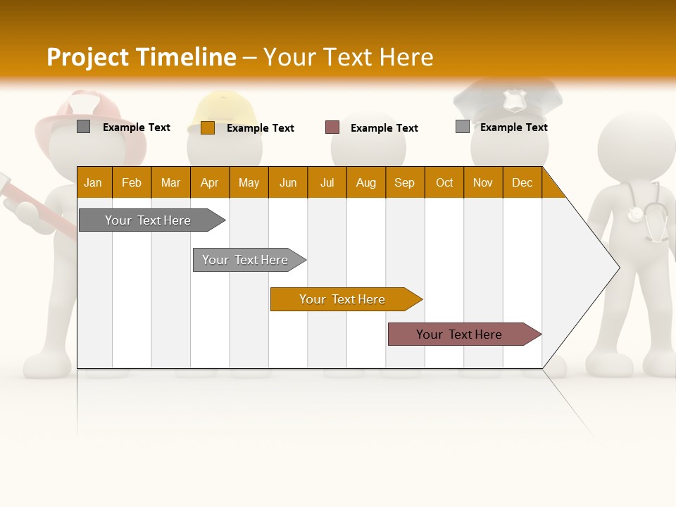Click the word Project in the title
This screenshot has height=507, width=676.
[88, 57]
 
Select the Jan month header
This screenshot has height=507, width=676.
[93, 182]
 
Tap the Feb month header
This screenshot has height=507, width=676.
[132, 182]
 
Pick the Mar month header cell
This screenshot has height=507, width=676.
[170, 182]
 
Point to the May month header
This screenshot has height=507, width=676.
[249, 182]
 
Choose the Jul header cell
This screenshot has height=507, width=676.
[327, 182]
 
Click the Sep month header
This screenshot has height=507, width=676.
[404, 182]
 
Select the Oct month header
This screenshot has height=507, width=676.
[444, 182]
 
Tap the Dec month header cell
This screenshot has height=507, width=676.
[522, 182]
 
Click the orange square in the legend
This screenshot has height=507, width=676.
[208, 127]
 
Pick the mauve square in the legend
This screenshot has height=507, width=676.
[332, 127]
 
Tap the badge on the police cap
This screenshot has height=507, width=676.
[515, 101]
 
